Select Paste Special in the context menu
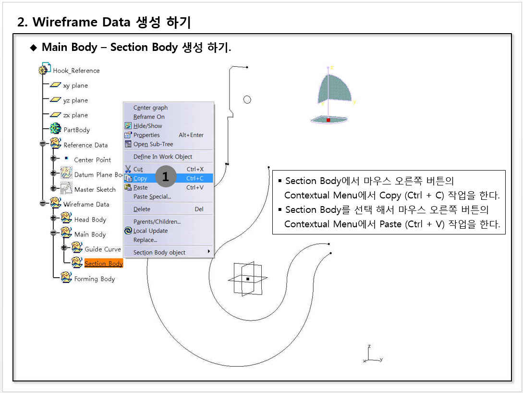tap(152, 197)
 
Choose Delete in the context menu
tap(142, 209)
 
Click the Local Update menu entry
tap(150, 231)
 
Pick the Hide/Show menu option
tap(148, 126)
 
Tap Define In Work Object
tap(163, 157)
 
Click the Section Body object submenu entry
tap(159, 253)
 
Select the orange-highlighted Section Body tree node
tap(104, 264)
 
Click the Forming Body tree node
tap(95, 279)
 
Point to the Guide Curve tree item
tap(103, 249)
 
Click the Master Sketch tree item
tap(95, 189)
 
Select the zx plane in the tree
tap(76, 115)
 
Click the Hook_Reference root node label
tap(76, 71)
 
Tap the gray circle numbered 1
tap(166, 176)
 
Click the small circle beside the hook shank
tap(247, 99)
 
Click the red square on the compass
tap(328, 120)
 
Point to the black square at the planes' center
tap(248, 279)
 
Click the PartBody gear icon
tap(55, 128)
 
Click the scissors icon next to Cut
tap(128, 169)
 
